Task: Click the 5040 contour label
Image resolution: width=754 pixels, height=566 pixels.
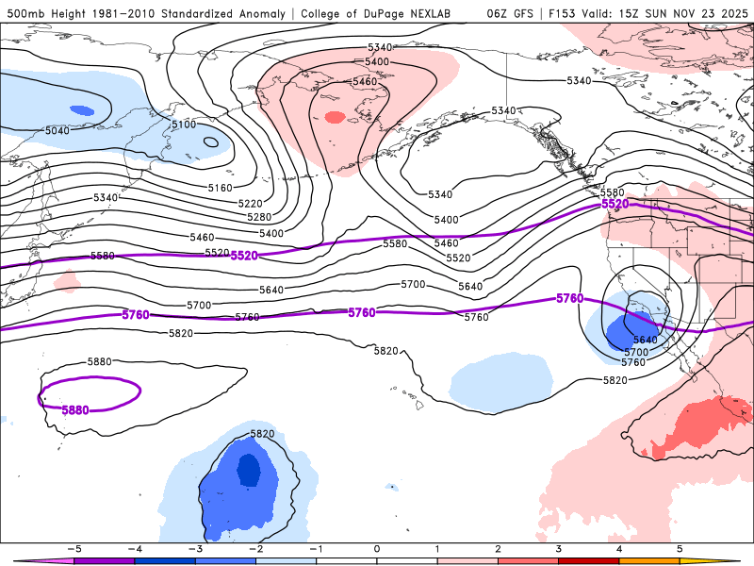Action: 57,130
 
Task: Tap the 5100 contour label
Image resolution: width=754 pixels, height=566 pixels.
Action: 184,125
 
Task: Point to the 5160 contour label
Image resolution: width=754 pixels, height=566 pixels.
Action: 220,188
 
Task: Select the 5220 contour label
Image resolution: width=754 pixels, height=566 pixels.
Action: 250,204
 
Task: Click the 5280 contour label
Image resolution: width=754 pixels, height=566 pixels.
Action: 259,218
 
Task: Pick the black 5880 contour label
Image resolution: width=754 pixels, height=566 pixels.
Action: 99,362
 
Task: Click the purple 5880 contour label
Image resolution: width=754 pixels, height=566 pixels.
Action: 75,410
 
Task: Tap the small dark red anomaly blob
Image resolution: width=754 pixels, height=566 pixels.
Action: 335,118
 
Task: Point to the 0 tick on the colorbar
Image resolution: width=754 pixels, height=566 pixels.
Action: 377,548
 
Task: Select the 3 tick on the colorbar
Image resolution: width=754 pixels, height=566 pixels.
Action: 559,548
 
